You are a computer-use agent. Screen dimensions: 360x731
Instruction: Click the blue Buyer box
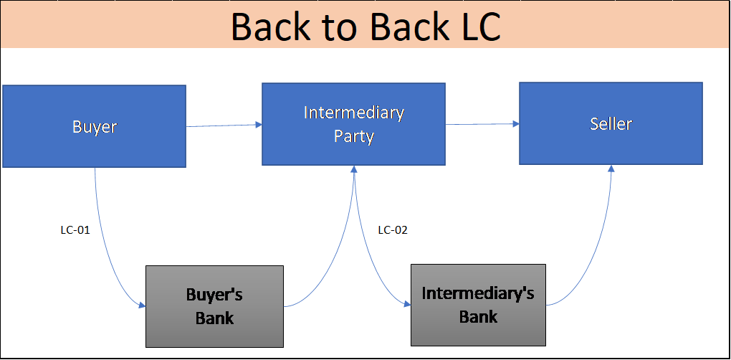[x=94, y=126]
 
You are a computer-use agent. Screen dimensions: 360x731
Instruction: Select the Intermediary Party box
[x=353, y=124]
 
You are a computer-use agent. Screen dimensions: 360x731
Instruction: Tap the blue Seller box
[x=611, y=123]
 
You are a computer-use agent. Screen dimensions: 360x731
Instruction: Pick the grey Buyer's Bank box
[x=214, y=306]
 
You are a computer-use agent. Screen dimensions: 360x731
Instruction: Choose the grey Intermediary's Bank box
[x=478, y=305]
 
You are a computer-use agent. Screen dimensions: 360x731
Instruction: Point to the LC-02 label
[x=393, y=229]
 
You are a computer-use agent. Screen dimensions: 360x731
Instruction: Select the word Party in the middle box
[x=353, y=136]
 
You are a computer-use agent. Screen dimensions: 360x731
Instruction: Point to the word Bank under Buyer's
[x=214, y=318]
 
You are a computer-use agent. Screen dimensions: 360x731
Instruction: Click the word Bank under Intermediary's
[x=478, y=316]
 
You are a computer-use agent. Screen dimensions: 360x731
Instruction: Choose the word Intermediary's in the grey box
[x=478, y=293]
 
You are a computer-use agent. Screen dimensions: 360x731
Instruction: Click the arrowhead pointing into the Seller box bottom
[x=611, y=169]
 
